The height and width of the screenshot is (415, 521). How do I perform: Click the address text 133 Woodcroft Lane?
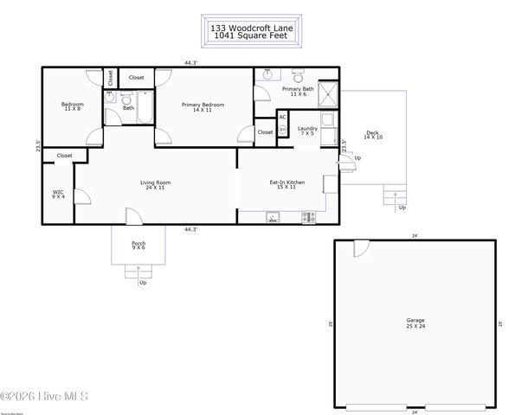[x=252, y=28]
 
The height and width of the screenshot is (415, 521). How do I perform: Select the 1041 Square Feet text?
[x=252, y=35]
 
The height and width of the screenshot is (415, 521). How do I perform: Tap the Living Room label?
[x=156, y=185]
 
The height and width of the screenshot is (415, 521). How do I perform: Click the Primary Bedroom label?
[x=203, y=107]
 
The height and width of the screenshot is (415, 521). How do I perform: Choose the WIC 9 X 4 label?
[x=58, y=195]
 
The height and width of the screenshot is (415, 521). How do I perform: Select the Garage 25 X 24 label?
[x=415, y=323]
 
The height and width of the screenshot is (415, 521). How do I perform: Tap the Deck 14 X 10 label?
[x=372, y=135]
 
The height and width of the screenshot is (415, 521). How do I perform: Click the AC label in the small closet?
[x=282, y=118]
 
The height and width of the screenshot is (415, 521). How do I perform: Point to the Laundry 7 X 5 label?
[x=308, y=131]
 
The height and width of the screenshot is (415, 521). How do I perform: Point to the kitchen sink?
[x=273, y=218]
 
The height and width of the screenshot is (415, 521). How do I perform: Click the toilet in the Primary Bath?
[x=299, y=74]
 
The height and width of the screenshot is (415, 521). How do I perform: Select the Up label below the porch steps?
[x=143, y=283]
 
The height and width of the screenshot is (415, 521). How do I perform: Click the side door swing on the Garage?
[x=361, y=248]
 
